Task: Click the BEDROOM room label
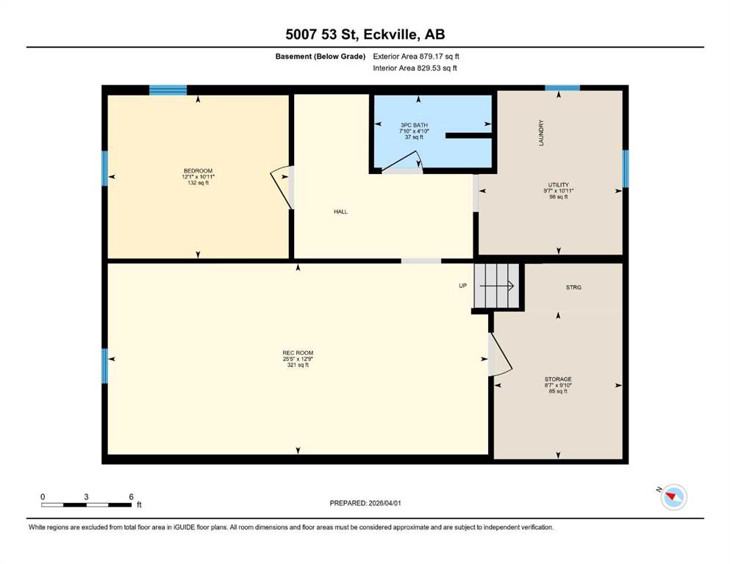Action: click(198, 170)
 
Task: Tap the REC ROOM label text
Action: click(298, 353)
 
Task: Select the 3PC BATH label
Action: click(414, 125)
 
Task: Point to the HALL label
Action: click(340, 211)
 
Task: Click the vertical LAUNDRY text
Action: click(541, 133)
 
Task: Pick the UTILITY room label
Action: click(558, 184)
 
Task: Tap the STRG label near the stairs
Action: click(573, 287)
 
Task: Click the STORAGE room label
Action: click(558, 379)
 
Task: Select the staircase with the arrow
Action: click(497, 286)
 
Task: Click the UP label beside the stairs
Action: click(462, 286)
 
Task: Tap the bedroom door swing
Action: click(282, 187)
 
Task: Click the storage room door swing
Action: click(500, 354)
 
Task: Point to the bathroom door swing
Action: click(402, 162)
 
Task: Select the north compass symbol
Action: click(673, 497)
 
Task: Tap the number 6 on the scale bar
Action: click(132, 496)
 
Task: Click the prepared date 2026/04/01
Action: click(384, 503)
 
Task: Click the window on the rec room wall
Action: click(104, 366)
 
